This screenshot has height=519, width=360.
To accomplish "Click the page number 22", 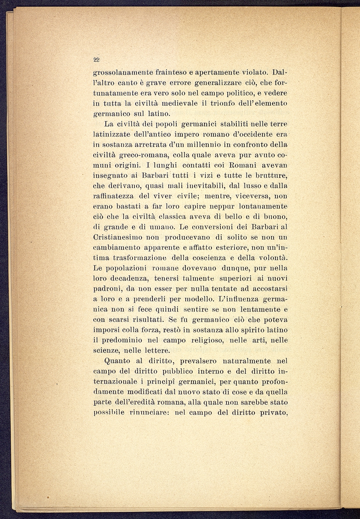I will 96,60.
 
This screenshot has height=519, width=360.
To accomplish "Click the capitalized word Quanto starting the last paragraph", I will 118,361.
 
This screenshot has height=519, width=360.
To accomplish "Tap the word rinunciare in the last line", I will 149,413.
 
